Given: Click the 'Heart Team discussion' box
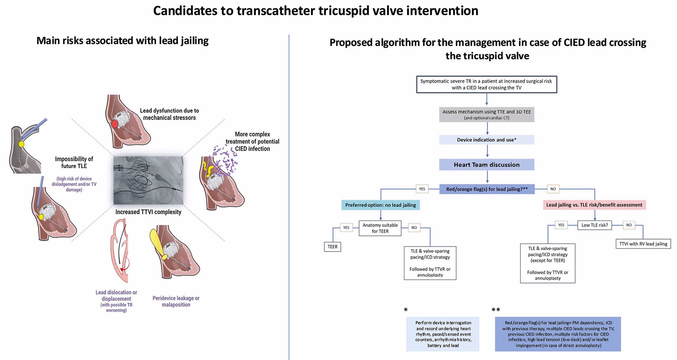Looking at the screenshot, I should click(486, 165).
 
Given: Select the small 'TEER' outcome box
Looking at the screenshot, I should click(332, 247).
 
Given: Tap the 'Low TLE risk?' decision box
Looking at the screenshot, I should click(594, 225).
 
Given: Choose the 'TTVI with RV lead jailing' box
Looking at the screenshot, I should click(643, 244).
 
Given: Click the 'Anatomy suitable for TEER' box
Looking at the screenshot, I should click(380, 228).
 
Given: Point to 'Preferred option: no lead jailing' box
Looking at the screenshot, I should click(380, 205).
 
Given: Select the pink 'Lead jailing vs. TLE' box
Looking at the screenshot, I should click(594, 205).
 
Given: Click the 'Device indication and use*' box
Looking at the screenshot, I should click(486, 140).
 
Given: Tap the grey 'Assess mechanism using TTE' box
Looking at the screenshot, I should click(486, 114).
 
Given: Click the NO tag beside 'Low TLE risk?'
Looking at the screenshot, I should click(629, 225).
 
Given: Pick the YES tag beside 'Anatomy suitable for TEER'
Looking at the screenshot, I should click(346, 228).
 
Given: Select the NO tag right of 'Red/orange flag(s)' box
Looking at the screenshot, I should click(553, 189).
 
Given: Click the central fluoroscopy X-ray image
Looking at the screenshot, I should click(148, 180).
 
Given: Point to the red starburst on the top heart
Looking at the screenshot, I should click(115, 124).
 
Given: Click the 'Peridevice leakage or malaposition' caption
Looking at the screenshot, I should click(176, 301).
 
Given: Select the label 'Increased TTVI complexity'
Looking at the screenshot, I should click(148, 212).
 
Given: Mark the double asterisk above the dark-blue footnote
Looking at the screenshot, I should click(496, 310).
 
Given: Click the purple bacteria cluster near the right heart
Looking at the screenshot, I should click(225, 160).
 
